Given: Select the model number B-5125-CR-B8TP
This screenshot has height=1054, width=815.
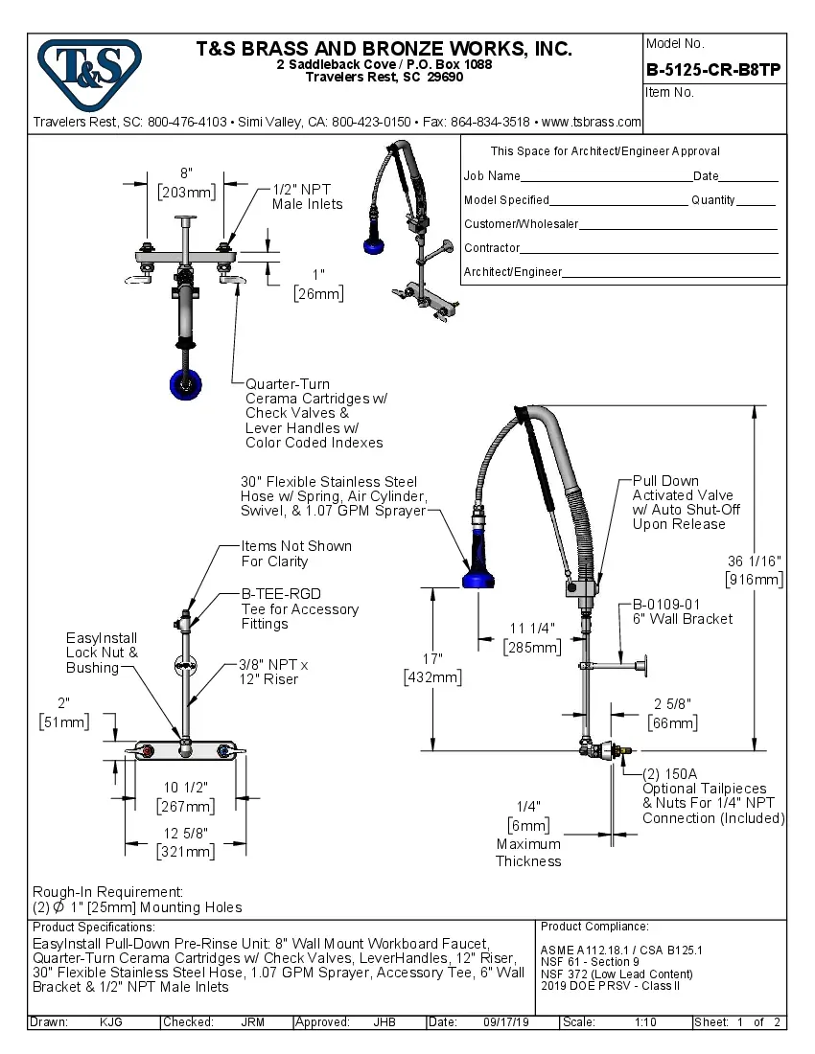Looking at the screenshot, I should (712, 69).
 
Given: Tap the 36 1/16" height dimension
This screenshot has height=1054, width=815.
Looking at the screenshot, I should (756, 561).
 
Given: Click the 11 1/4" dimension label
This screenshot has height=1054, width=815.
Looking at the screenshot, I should (532, 629).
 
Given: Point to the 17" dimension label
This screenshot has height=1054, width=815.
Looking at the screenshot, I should (432, 659).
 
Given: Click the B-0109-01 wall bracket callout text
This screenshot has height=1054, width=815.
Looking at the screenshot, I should (666, 605).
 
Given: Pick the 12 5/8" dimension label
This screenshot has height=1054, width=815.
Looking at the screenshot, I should (185, 833).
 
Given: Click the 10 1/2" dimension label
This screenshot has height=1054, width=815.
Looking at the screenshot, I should (185, 787).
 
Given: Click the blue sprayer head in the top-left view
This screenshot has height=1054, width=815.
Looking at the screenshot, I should (185, 383).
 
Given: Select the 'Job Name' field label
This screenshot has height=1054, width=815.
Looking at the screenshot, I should (492, 176).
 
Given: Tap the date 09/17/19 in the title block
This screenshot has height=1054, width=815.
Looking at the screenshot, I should (505, 1022).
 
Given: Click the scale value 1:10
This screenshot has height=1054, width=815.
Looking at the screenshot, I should (645, 1022).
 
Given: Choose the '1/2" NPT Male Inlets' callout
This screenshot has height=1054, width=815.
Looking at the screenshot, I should (307, 196).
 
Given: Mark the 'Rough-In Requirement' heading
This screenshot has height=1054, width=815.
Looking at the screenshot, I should (107, 891).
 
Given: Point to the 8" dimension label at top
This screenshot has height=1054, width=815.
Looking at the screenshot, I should (186, 173).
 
